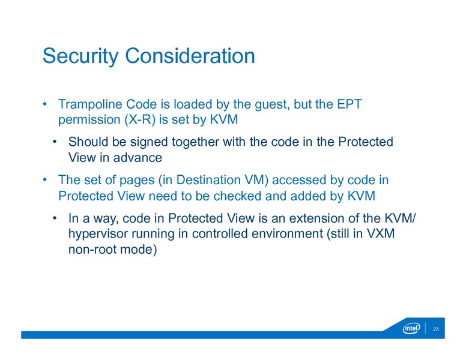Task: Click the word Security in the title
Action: click(82, 56)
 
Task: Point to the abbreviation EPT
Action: click(348, 104)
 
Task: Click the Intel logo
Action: click(411, 329)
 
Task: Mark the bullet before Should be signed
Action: click(55, 143)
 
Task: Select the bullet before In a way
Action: click(55, 219)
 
